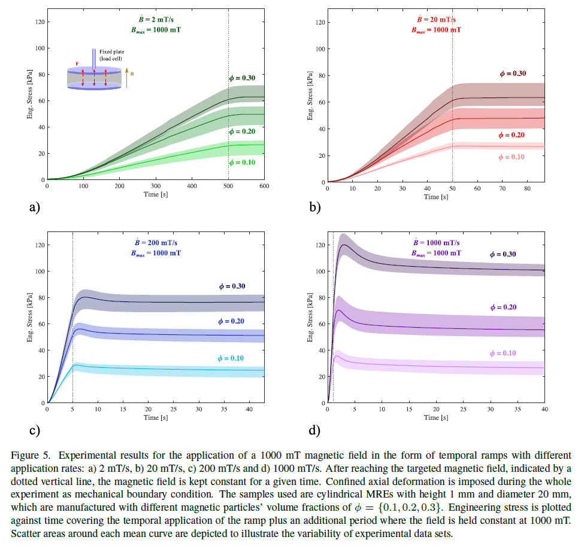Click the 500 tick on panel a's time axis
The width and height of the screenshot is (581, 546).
point(228,187)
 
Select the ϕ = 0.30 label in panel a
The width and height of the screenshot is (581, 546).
point(242,78)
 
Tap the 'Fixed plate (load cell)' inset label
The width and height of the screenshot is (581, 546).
point(113,54)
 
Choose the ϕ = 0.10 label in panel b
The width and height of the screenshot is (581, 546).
point(512,157)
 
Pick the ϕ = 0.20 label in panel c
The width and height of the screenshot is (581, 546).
point(231,321)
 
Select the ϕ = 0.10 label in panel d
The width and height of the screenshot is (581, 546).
point(503,353)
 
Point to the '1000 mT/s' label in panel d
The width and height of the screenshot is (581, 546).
point(436,243)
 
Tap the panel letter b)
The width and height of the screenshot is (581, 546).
point(314,208)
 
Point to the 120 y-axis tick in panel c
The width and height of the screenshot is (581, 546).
point(40,245)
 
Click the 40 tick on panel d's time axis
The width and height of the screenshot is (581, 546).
point(544,410)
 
